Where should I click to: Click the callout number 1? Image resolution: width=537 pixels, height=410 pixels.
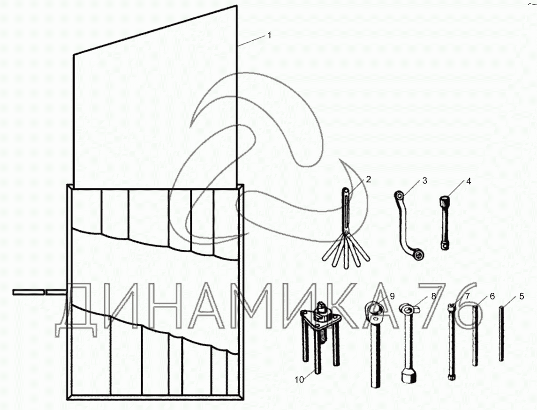tap(269, 35)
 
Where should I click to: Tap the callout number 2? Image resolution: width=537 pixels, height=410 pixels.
tap(368, 179)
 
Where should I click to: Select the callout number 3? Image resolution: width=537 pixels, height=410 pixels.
tap(424, 180)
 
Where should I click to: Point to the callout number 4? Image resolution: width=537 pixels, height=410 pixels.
tap(469, 181)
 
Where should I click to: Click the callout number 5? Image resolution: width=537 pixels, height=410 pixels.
tap(522, 296)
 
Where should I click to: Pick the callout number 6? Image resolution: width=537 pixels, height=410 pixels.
tap(492, 296)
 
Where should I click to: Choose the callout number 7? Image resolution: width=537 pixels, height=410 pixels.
tap(467, 296)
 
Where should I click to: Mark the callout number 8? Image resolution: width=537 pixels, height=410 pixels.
tap(433, 296)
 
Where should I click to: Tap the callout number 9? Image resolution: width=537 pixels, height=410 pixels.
tap(392, 296)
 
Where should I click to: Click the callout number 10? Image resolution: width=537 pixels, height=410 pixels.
tap(299, 380)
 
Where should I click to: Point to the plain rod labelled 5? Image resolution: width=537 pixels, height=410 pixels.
tap(501, 333)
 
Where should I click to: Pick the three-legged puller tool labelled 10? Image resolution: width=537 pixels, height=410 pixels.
tap(320, 337)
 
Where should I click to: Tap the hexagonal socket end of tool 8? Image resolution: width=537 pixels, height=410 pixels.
tap(408, 376)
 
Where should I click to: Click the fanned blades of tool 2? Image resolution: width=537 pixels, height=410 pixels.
tap(346, 251)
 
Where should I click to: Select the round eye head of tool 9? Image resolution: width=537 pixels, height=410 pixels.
tap(374, 308)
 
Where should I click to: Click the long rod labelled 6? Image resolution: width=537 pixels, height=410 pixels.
tap(475, 336)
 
